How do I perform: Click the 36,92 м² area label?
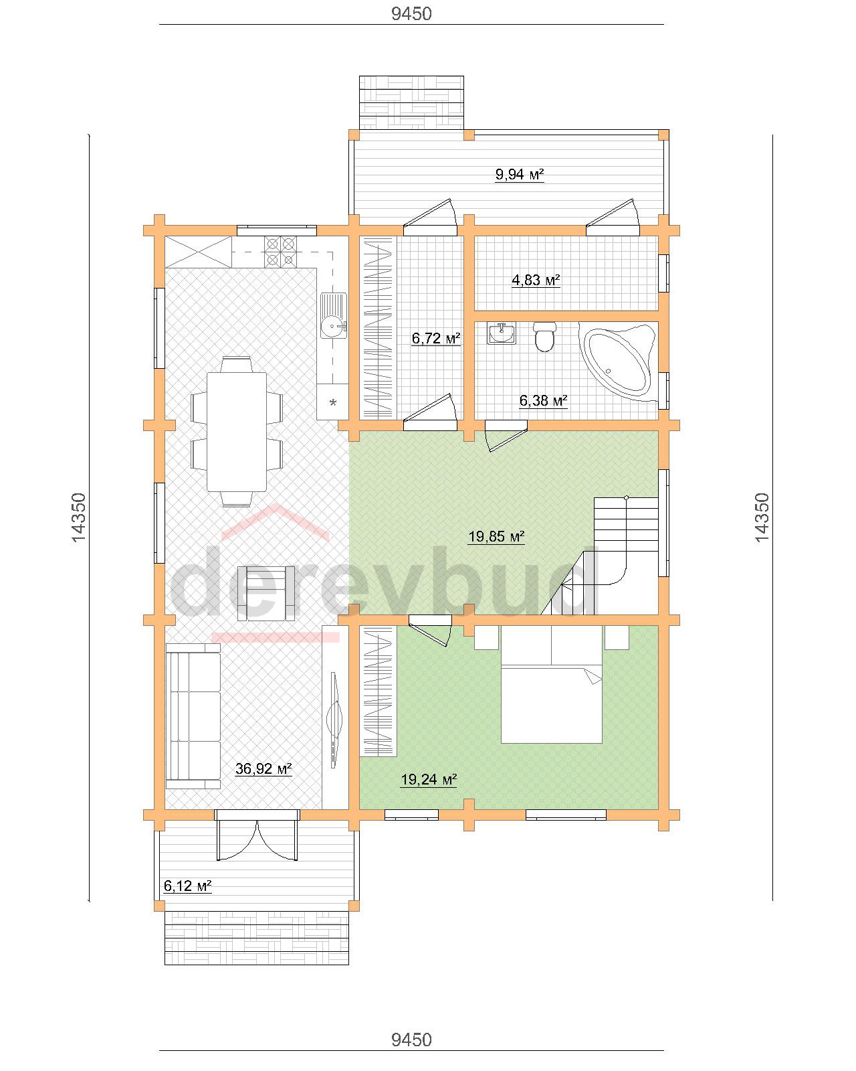click(263, 769)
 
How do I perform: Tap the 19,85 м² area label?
click(496, 536)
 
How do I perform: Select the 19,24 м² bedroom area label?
click(429, 779)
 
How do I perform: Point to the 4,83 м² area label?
click(536, 280)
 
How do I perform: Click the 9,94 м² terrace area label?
click(519, 174)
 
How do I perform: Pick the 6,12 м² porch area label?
click(187, 886)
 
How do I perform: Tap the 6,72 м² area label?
click(436, 339)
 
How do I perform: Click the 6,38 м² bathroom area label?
click(543, 400)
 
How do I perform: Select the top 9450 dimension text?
click(411, 13)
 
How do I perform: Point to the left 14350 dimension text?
click(79, 517)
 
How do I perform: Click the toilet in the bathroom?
click(544, 337)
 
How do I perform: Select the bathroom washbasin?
click(502, 333)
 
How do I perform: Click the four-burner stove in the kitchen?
click(280, 251)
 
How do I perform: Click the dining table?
click(237, 432)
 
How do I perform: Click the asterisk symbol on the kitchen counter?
click(333, 402)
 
